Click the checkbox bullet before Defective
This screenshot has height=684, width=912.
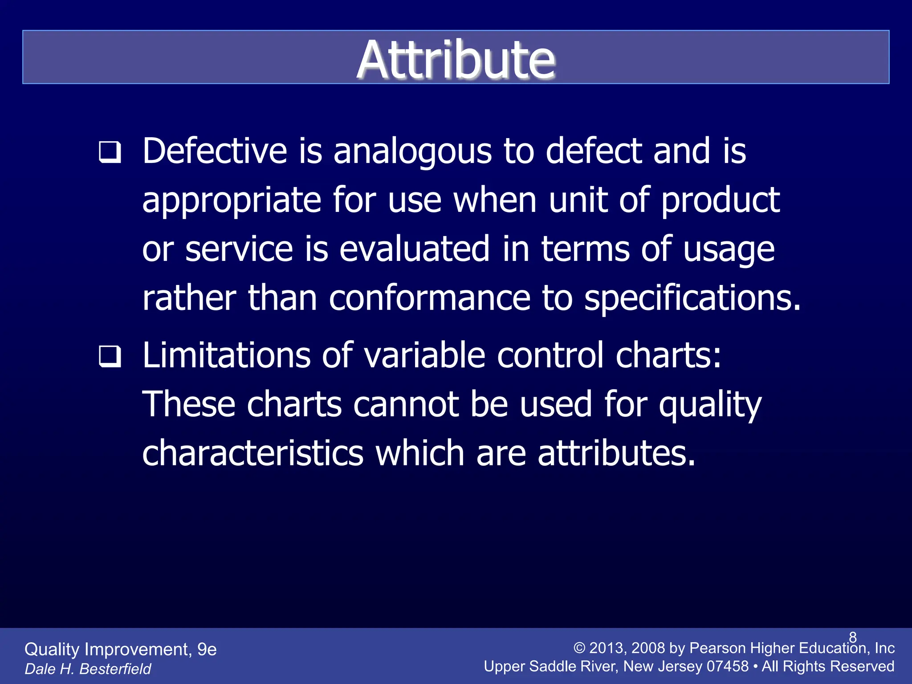110,152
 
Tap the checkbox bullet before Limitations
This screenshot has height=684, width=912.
110,357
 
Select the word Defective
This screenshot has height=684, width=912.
215,151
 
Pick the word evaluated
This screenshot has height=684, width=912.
414,249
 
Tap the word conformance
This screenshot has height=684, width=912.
429,298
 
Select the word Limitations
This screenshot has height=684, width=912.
226,356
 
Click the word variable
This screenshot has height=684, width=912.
424,356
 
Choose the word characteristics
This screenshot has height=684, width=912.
252,454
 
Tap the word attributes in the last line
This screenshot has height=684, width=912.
616,454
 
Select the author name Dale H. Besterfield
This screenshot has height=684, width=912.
88,669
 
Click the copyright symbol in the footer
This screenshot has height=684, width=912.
579,648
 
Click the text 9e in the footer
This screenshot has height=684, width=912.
207,650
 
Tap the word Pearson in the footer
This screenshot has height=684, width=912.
717,648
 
